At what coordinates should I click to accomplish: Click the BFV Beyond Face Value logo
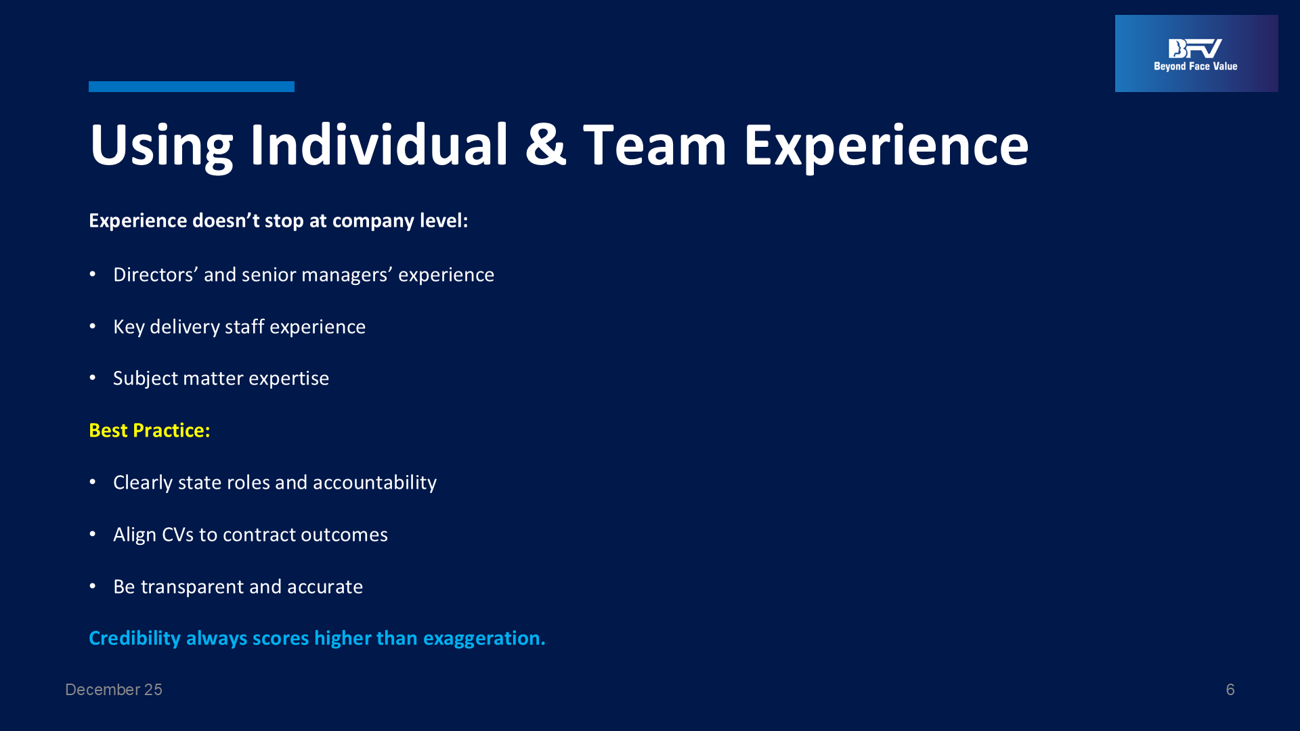1196,53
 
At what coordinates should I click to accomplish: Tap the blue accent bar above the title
192,87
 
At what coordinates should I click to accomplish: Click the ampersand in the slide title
545,144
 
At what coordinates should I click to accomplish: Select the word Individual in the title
378,144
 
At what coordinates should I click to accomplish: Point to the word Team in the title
655,144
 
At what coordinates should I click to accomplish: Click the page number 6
1230,690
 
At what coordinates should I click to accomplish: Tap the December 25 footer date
114,690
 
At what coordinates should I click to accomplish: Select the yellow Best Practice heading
150,430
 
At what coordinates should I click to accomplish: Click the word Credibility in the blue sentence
135,638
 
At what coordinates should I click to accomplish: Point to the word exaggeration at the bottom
484,638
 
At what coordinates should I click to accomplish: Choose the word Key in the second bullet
129,327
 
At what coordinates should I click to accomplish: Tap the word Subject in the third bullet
146,378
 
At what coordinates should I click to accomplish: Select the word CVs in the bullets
177,535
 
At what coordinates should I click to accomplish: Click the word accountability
374,483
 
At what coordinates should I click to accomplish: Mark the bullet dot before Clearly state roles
93,482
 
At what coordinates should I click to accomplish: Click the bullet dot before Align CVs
93,534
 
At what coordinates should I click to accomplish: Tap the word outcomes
344,535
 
